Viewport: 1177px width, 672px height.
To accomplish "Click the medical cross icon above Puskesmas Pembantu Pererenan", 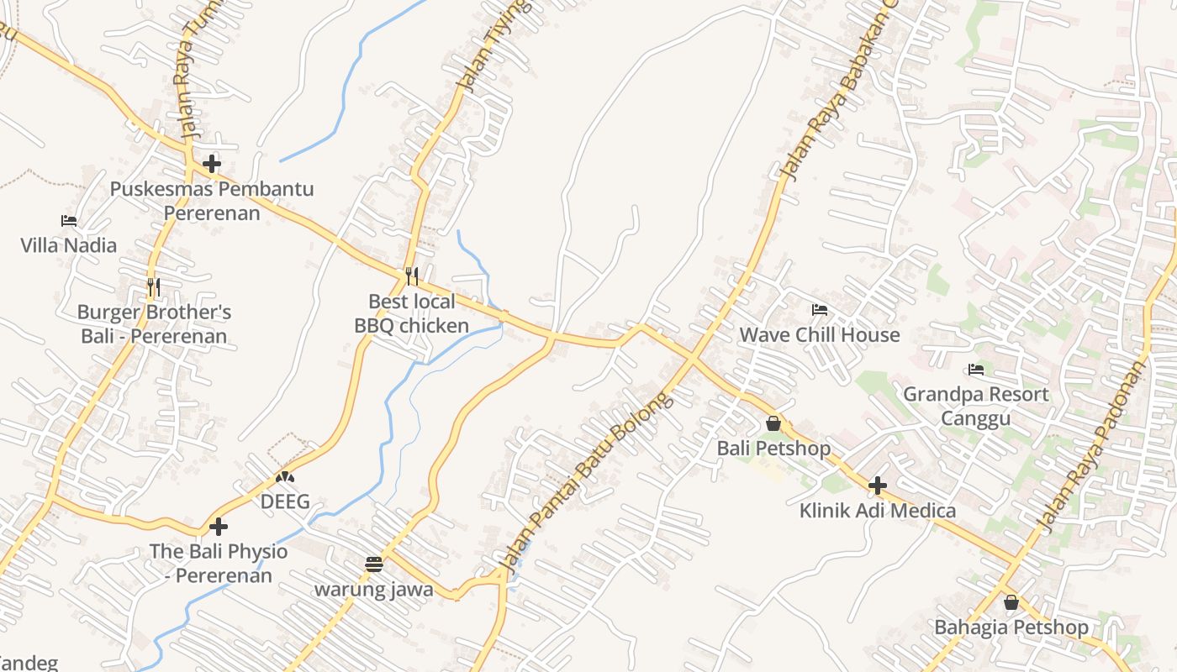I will click(212, 163).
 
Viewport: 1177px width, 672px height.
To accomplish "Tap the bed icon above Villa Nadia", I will click(69, 221).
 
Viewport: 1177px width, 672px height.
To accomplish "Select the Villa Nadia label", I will click(69, 245).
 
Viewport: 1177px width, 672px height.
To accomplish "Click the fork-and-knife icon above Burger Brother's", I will click(153, 287).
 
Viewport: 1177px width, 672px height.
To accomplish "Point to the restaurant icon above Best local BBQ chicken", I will click(412, 276).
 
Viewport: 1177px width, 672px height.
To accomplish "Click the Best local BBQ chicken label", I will click(412, 313).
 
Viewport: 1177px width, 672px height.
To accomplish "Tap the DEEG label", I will click(285, 501).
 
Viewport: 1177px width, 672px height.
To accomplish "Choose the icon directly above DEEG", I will click(285, 477).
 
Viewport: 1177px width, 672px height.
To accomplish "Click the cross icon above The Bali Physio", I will click(219, 527).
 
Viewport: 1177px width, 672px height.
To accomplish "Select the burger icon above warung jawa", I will click(374, 564).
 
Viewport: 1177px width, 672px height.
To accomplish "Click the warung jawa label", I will click(374, 589).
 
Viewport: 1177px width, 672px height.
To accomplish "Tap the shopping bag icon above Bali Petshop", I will click(773, 423).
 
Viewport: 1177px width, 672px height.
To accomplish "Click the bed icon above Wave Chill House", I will click(820, 310).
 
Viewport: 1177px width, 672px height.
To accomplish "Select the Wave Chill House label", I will click(820, 334).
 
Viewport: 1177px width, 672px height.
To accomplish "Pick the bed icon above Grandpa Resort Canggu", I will click(976, 369).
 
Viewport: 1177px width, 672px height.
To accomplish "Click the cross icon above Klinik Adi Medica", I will click(878, 486).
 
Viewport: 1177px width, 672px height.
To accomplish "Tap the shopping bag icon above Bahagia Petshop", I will click(1011, 602).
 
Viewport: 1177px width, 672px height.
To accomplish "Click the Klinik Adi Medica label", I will click(878, 510).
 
